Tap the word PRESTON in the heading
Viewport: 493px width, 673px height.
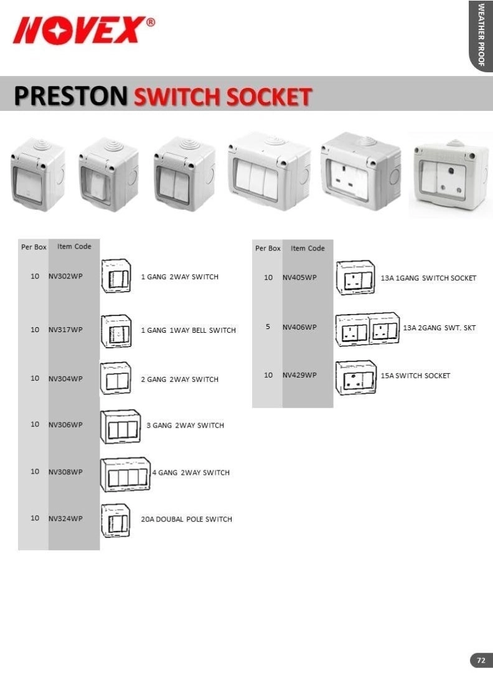(x=70, y=96)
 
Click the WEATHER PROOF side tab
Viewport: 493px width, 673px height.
(x=481, y=35)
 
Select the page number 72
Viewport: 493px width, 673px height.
(x=481, y=660)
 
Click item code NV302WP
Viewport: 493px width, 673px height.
(x=65, y=277)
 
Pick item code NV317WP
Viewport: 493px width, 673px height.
(x=65, y=330)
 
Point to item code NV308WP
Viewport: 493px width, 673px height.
(x=65, y=472)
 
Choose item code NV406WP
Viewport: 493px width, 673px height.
(x=299, y=327)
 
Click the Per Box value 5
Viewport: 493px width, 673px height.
(x=268, y=327)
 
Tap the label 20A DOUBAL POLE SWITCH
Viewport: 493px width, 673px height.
(x=186, y=519)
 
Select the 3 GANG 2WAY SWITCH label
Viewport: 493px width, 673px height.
(x=185, y=426)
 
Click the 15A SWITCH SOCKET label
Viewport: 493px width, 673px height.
(x=415, y=376)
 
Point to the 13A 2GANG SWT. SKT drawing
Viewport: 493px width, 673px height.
(x=367, y=330)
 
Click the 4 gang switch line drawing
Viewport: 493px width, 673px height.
(x=126, y=475)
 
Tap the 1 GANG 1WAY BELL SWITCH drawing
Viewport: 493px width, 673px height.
(x=116, y=332)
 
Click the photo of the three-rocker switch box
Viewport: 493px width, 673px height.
(x=269, y=172)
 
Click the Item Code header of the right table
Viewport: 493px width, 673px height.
(x=308, y=248)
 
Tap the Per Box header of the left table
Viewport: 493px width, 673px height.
(x=34, y=247)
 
